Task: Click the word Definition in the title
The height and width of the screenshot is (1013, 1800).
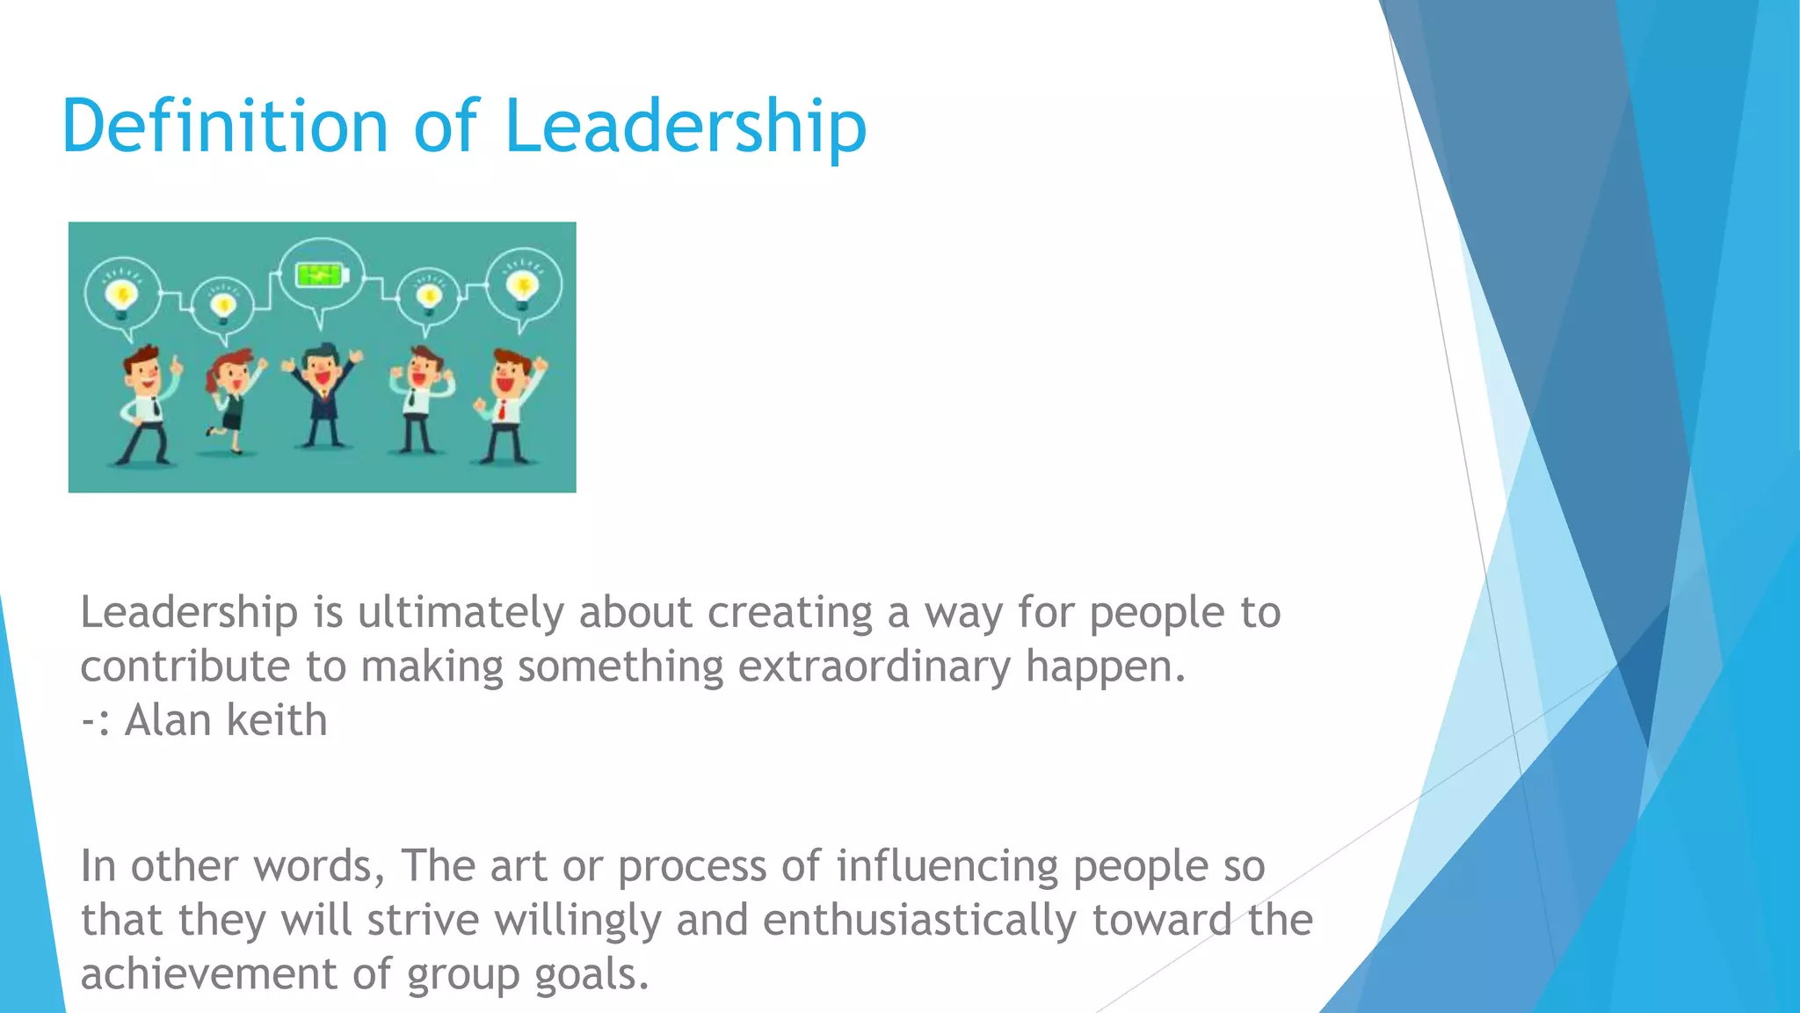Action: coord(225,127)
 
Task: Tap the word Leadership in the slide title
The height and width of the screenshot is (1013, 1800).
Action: coord(686,127)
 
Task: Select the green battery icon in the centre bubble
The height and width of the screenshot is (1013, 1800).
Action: coord(321,276)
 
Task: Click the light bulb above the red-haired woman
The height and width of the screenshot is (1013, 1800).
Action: coord(223,304)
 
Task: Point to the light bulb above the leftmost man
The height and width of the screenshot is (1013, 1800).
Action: coord(121,294)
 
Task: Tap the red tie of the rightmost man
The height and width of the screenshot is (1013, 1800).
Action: coord(502,409)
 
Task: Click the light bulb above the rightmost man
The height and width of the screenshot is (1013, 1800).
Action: coord(524,287)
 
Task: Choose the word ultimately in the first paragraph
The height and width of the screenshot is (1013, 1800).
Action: coord(460,612)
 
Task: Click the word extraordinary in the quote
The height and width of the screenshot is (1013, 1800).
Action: coord(875,667)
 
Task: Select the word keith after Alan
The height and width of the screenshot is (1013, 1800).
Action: coord(276,720)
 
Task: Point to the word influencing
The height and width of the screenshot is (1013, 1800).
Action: coord(947,866)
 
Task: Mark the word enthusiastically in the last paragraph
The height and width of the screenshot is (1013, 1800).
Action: coord(919,921)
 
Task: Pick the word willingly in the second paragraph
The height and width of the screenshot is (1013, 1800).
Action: coord(577,921)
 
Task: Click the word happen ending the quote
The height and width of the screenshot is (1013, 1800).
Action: coord(1105,667)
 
